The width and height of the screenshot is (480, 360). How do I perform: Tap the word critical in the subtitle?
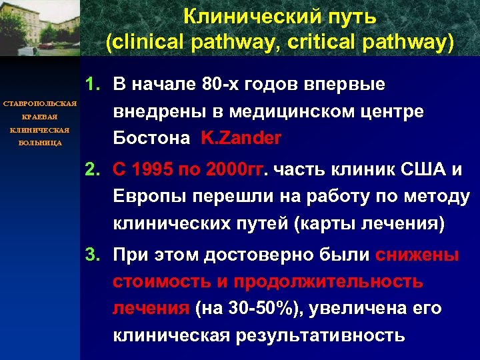click(x=326, y=42)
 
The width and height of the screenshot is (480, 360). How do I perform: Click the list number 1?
click(x=92, y=85)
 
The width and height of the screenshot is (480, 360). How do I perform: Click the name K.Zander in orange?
click(x=240, y=139)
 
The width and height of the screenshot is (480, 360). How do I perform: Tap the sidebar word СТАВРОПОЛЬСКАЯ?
click(x=39, y=105)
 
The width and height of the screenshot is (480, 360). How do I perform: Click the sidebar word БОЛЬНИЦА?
click(x=39, y=143)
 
